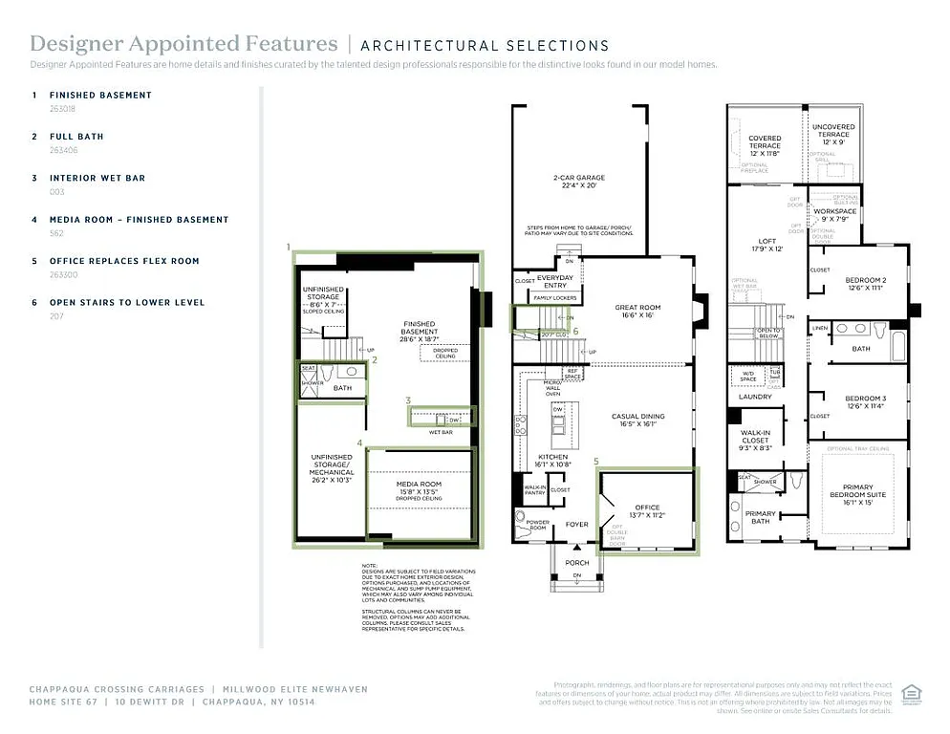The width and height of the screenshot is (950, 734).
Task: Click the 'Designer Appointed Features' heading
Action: [x=184, y=44]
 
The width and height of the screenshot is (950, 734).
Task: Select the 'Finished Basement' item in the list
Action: [x=100, y=96]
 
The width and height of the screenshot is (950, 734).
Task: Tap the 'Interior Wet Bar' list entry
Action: [x=97, y=178]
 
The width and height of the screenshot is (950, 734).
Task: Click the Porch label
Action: [x=576, y=562]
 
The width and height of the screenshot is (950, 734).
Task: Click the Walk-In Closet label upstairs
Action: [x=755, y=437]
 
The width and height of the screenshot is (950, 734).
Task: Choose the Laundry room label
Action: [x=755, y=397]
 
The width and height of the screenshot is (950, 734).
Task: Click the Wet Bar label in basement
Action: [x=441, y=432]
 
